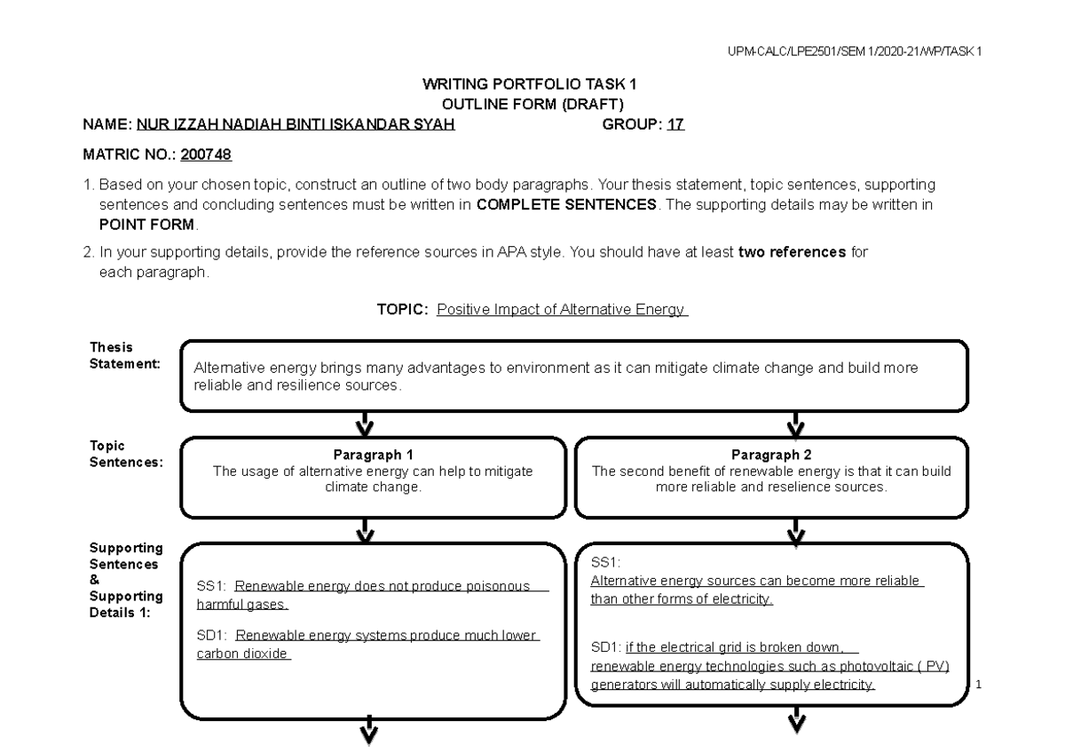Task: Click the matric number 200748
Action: click(x=206, y=155)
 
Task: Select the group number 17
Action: click(x=675, y=125)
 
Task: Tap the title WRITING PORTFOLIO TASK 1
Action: click(x=531, y=84)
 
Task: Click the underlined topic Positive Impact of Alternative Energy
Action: click(x=563, y=310)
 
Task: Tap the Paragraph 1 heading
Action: click(x=373, y=455)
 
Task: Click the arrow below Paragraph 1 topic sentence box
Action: click(x=364, y=530)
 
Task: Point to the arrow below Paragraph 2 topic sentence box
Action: click(x=796, y=530)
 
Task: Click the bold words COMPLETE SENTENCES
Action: click(x=568, y=205)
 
